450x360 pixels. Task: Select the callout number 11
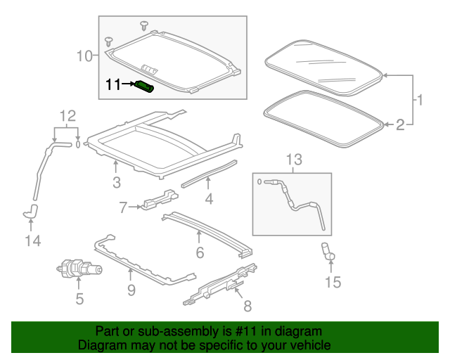[113, 85]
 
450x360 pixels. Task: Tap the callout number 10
[84, 55]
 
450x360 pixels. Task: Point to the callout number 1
[419, 100]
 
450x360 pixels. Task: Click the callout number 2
[399, 125]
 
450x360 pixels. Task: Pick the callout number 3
[116, 183]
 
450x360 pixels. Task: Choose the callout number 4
[209, 200]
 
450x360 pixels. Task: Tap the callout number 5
[79, 299]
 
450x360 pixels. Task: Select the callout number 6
[200, 252]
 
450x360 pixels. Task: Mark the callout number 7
[123, 207]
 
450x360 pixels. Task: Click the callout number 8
[246, 307]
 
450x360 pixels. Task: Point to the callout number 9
[131, 288]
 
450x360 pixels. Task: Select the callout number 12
[66, 115]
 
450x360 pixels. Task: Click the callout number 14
[32, 241]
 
